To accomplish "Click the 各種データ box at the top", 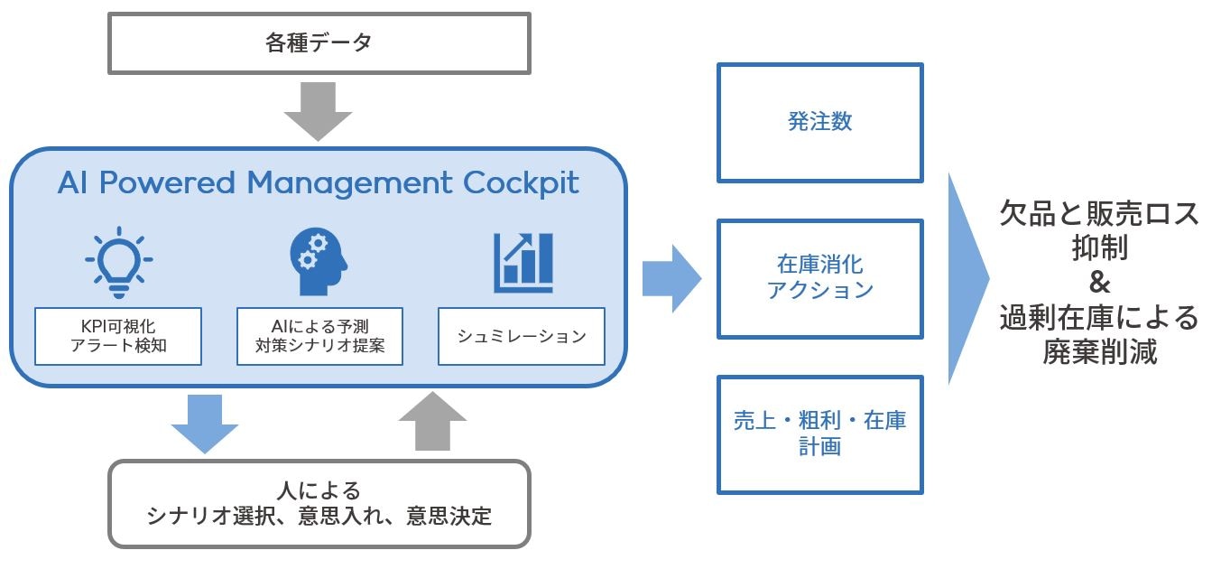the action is coord(319,43).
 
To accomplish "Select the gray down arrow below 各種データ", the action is coord(319,111).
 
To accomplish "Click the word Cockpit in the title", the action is coord(521,183).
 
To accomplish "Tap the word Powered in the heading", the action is coord(167,182).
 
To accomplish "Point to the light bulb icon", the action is coord(119,263).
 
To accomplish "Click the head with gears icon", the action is coord(319,261).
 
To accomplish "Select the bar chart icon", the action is coord(523,263).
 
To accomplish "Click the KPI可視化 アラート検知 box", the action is coord(118,336).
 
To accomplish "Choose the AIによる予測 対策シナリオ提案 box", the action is coord(320,336).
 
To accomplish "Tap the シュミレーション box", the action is coord(522,336).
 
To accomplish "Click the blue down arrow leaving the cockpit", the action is coord(205,424).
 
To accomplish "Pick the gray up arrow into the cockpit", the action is coord(433,421).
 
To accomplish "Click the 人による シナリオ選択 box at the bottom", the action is coord(319,504).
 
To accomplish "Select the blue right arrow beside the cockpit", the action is coord(671,279).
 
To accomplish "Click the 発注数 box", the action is coord(820,123).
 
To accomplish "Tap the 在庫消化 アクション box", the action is coord(820,279).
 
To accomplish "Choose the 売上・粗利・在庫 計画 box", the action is coord(820,434).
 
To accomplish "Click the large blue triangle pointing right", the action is coord(967,279).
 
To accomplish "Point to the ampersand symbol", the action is coord(1099,283).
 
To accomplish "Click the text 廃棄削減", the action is coord(1099,352).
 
